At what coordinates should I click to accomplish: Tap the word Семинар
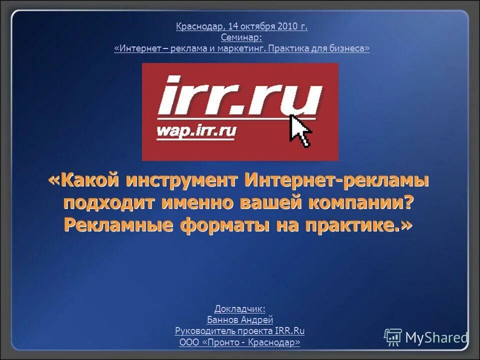[x=241, y=37]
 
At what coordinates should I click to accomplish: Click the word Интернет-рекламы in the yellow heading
[x=336, y=181]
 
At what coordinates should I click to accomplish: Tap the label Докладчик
[x=240, y=309]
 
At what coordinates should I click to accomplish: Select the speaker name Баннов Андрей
[x=240, y=320]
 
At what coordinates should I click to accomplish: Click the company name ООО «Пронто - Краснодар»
[x=240, y=342]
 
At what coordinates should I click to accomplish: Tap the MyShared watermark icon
[x=393, y=337]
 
